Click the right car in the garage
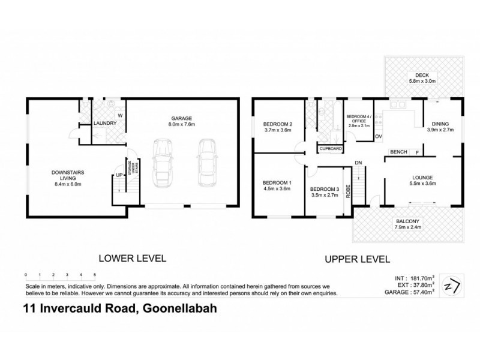(206, 162)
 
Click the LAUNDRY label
(105, 124)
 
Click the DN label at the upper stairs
(358, 163)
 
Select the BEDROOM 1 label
(277, 185)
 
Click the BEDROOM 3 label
(323, 192)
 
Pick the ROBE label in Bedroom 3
(347, 195)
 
